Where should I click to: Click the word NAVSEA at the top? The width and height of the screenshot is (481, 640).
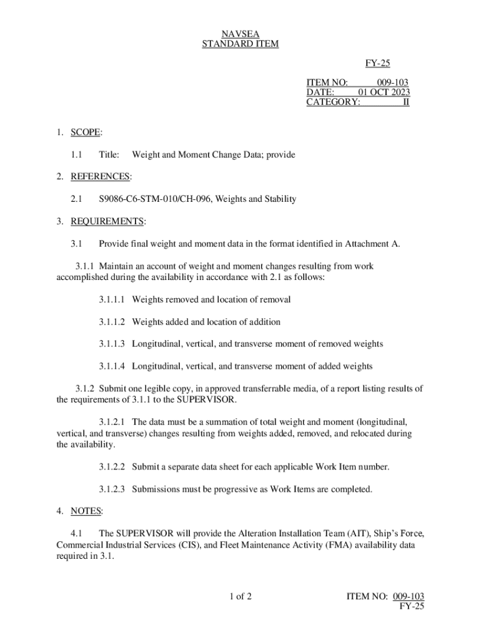pos(241,33)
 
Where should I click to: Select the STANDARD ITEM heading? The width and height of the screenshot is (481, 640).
pos(241,44)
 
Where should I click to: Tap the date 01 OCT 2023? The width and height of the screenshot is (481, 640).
pos(384,92)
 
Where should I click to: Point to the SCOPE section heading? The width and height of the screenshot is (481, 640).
pos(85,132)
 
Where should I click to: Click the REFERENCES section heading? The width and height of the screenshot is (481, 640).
pos(100,177)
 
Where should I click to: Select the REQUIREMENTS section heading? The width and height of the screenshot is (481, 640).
pos(107,221)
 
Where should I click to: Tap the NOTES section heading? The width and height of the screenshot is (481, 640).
pos(86,511)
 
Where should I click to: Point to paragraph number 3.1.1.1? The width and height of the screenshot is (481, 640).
pos(112,300)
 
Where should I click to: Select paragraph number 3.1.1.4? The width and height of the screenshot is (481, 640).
pos(112,366)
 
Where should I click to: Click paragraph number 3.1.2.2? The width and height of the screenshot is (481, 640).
pos(112,467)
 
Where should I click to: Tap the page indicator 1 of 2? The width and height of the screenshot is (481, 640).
pos(241,597)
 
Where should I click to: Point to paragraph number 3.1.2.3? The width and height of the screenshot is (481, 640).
pos(112,489)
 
